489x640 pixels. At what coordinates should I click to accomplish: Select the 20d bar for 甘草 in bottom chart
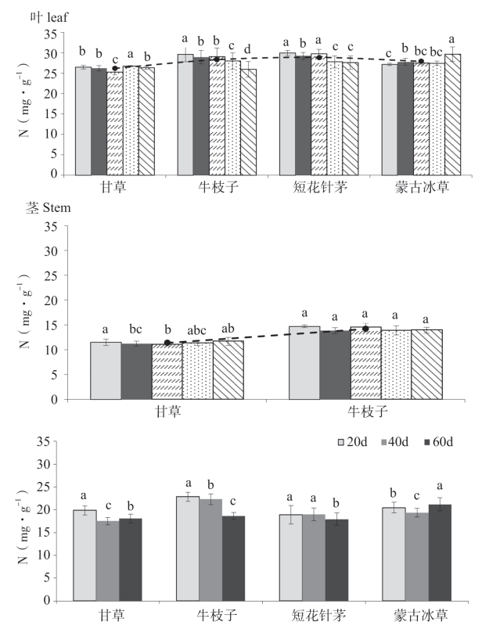(x=84, y=556)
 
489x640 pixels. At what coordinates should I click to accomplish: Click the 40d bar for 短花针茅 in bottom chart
(x=314, y=557)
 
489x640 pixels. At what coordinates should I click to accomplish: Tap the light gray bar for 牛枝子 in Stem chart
(x=305, y=362)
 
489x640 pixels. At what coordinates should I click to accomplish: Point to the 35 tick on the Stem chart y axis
(x=53, y=227)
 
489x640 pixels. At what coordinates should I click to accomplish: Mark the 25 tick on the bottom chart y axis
(x=53, y=487)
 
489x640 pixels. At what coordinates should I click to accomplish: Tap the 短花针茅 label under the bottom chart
(x=315, y=615)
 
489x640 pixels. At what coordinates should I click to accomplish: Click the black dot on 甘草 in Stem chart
(x=167, y=343)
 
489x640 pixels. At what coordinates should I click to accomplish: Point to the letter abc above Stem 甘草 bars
(x=199, y=329)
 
